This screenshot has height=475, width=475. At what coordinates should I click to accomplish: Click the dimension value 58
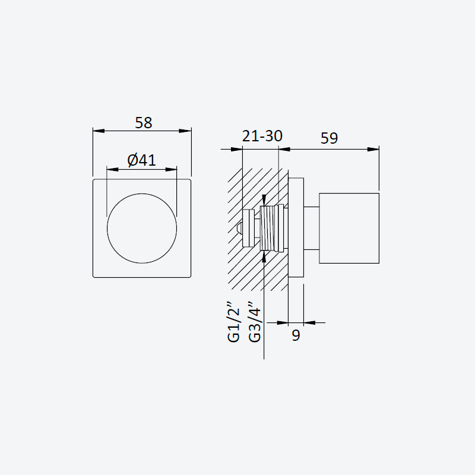[143, 123]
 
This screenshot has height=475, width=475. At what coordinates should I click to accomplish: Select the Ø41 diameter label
[141, 160]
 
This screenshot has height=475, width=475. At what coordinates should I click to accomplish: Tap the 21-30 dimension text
[262, 136]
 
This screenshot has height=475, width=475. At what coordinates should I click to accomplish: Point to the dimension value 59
[329, 138]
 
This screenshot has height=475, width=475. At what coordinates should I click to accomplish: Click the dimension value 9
[296, 335]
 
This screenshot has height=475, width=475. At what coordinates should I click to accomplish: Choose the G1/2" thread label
[233, 322]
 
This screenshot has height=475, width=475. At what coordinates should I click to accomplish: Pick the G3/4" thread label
[255, 322]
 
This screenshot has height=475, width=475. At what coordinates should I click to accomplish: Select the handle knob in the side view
[349, 228]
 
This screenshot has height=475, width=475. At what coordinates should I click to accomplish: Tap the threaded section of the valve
[268, 229]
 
